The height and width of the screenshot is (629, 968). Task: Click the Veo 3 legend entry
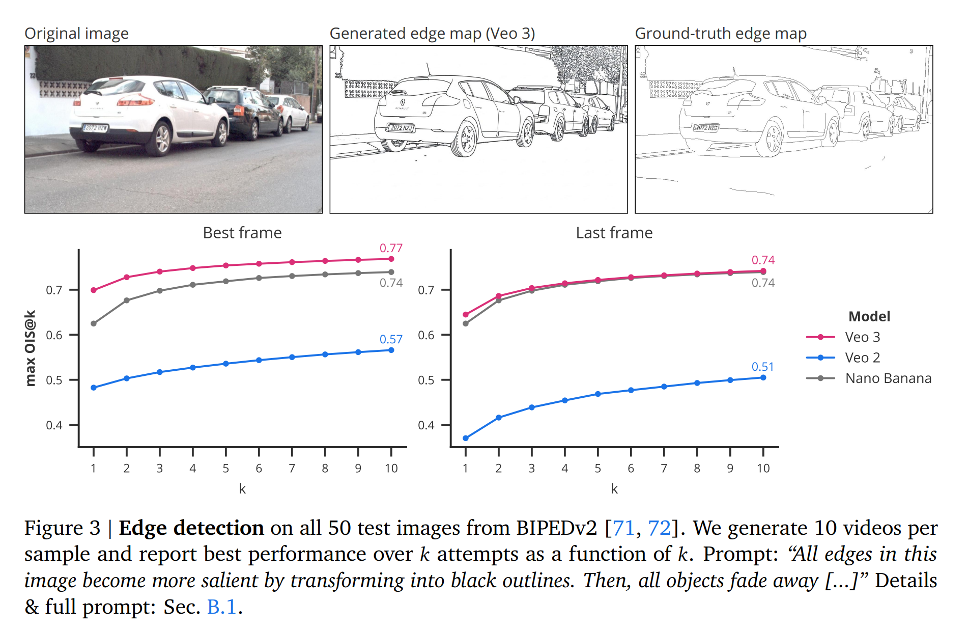pos(862,337)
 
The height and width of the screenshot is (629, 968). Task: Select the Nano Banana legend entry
pos(888,378)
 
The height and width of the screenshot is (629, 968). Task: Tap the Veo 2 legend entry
pos(862,358)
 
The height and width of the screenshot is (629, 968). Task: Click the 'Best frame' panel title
pos(242,233)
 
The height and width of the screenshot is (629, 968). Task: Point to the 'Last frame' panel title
pos(614,233)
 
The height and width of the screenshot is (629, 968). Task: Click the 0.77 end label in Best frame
pos(391,248)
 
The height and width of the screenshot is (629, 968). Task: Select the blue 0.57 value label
pos(391,339)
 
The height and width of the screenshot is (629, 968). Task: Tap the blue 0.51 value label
pos(763,367)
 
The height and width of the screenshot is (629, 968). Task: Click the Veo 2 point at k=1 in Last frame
pos(466,438)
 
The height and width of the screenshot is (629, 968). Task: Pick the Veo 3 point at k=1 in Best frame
pos(94,290)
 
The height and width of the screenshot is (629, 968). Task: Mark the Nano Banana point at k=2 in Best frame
pos(127,300)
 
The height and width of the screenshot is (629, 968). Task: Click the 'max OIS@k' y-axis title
pos(31,348)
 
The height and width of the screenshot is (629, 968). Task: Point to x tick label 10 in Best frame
pos(391,469)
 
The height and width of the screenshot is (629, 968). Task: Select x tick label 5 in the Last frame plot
pos(597,469)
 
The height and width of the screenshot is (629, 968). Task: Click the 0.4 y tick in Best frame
pos(54,425)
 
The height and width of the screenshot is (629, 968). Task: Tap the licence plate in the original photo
pos(95,128)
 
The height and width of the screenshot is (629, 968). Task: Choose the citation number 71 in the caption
pos(623,528)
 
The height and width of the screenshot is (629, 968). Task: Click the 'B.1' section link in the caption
pos(222,607)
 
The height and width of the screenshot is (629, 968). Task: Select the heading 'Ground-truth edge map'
pos(721,34)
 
